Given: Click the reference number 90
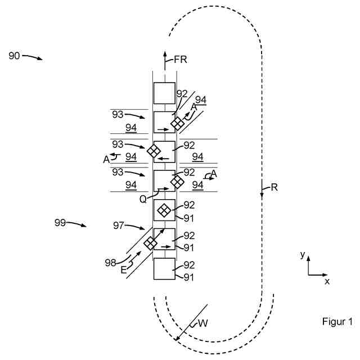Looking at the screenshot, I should pos(15,56).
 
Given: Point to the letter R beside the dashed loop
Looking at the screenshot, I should pos(274,188).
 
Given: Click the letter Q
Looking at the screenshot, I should pos(143,199).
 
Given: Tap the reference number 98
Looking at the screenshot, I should pos(110,262).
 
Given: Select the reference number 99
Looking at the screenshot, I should pos(61,223).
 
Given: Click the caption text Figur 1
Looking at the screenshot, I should pos(336,322).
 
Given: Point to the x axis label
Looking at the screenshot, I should pos(327,281).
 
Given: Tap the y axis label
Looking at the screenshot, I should pos(303,255).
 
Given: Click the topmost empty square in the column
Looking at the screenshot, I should pos(164,93).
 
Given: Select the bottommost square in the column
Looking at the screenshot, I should pos(164,268).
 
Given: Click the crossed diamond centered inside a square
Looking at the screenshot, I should pos(164,210).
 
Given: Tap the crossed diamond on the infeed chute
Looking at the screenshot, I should pos(150,243).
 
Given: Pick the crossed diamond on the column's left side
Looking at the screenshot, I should pos(153,151).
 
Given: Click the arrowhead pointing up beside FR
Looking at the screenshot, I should pos(165,54).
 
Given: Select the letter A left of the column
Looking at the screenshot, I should pos(106,159).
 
